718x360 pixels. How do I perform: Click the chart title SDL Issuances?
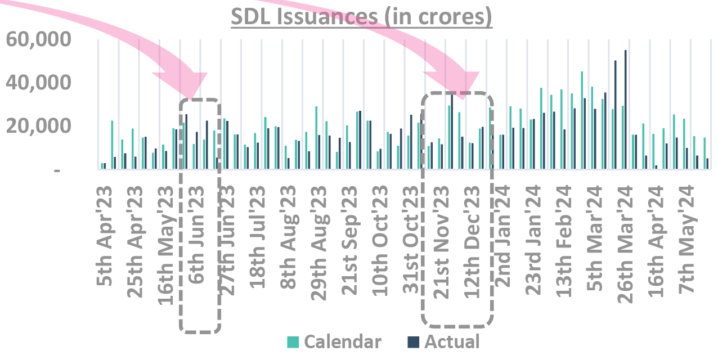pyautogui.click(x=362, y=17)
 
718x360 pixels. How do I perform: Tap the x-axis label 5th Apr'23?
pyautogui.click(x=107, y=238)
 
